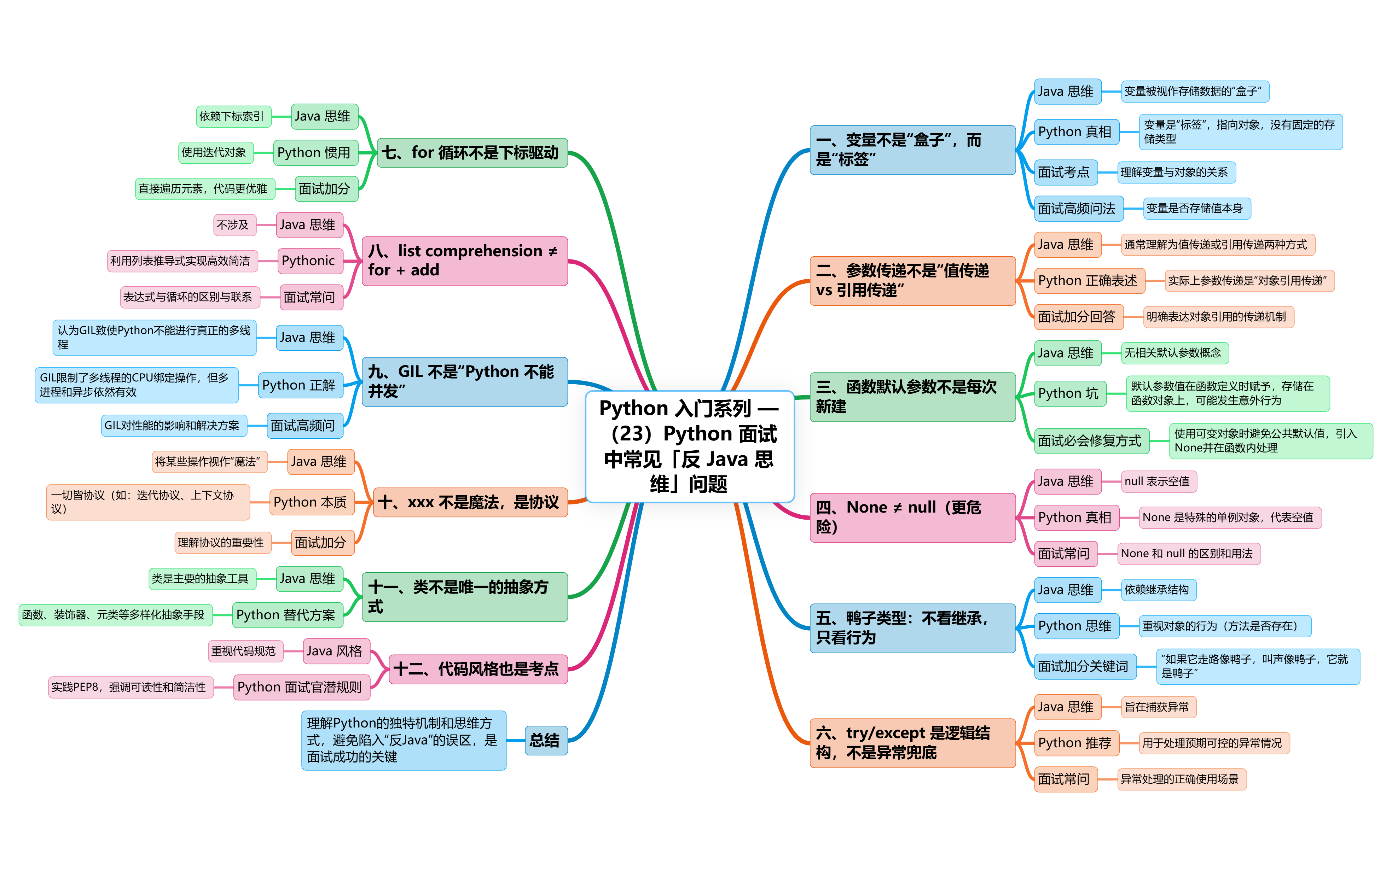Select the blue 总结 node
click(x=545, y=740)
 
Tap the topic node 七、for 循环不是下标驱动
click(x=471, y=153)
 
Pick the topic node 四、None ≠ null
click(x=912, y=517)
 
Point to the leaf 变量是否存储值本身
click(x=1196, y=209)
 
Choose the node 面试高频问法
click(x=1077, y=209)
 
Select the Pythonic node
click(x=308, y=261)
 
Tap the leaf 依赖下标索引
click(x=233, y=116)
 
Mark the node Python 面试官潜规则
click(x=300, y=687)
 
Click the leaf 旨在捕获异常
click(x=1158, y=707)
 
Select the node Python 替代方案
click(x=286, y=615)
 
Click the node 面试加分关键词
click(x=1084, y=666)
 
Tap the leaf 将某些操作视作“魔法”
click(x=209, y=462)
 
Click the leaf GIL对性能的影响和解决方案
click(x=173, y=426)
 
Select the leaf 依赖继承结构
click(x=1158, y=589)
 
